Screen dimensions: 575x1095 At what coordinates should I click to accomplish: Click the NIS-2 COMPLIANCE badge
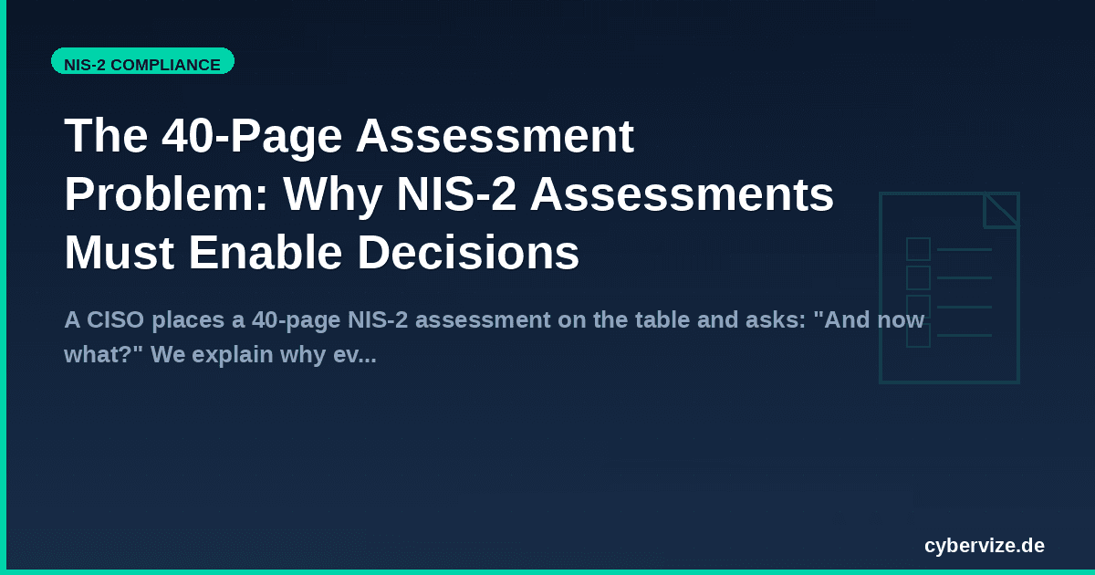pos(142,64)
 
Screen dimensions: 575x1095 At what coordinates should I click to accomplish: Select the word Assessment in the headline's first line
pos(495,137)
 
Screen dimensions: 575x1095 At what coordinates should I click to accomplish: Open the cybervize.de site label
pos(984,546)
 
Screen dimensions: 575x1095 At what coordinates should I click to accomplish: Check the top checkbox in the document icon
pos(918,249)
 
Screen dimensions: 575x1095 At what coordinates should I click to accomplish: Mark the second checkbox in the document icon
pos(918,277)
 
